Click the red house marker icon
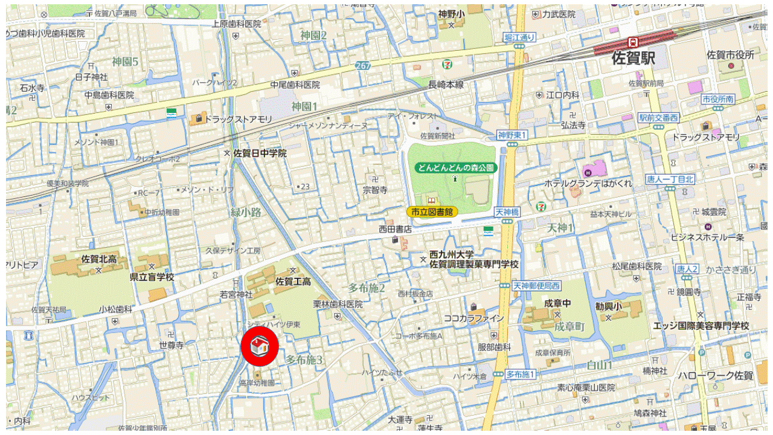(x=259, y=347)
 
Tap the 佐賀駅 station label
(x=633, y=59)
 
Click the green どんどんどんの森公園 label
(x=455, y=167)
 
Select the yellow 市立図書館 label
(x=432, y=212)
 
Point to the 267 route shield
(x=363, y=65)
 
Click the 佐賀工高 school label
(x=293, y=282)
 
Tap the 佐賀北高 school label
(x=99, y=260)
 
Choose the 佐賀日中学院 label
(x=260, y=153)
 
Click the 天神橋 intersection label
(x=507, y=212)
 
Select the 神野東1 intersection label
(x=512, y=135)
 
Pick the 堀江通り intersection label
(x=520, y=37)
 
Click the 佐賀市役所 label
(x=731, y=55)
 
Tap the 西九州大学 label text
(x=452, y=254)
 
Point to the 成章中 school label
(x=557, y=303)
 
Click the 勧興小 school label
(x=608, y=306)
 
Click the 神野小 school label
(x=451, y=14)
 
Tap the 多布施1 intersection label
(x=520, y=374)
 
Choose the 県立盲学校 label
(x=152, y=277)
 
